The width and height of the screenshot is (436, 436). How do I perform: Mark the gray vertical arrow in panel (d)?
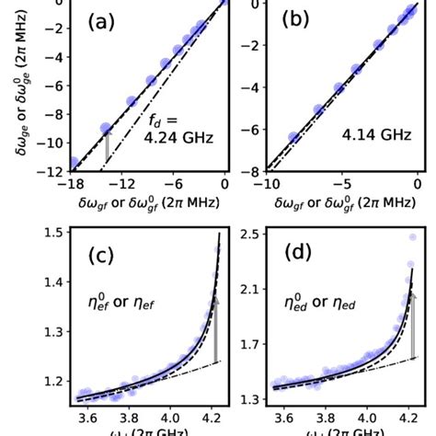click(412, 326)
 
